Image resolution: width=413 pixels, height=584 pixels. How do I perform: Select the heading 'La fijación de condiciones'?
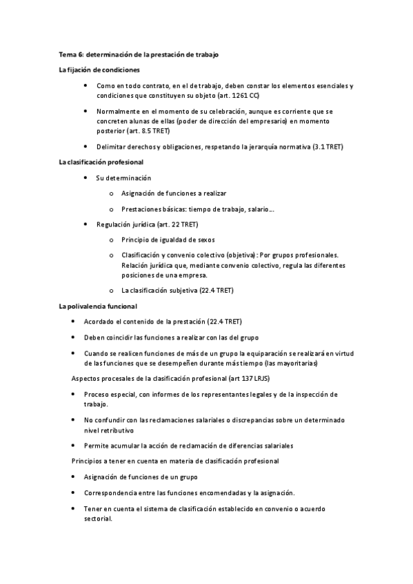[x=99, y=70]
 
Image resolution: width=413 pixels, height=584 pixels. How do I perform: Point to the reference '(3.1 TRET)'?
[x=328, y=147]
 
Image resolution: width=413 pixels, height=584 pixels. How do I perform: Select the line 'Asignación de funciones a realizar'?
[x=174, y=194]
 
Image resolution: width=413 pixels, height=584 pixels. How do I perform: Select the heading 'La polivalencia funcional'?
[x=98, y=306]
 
